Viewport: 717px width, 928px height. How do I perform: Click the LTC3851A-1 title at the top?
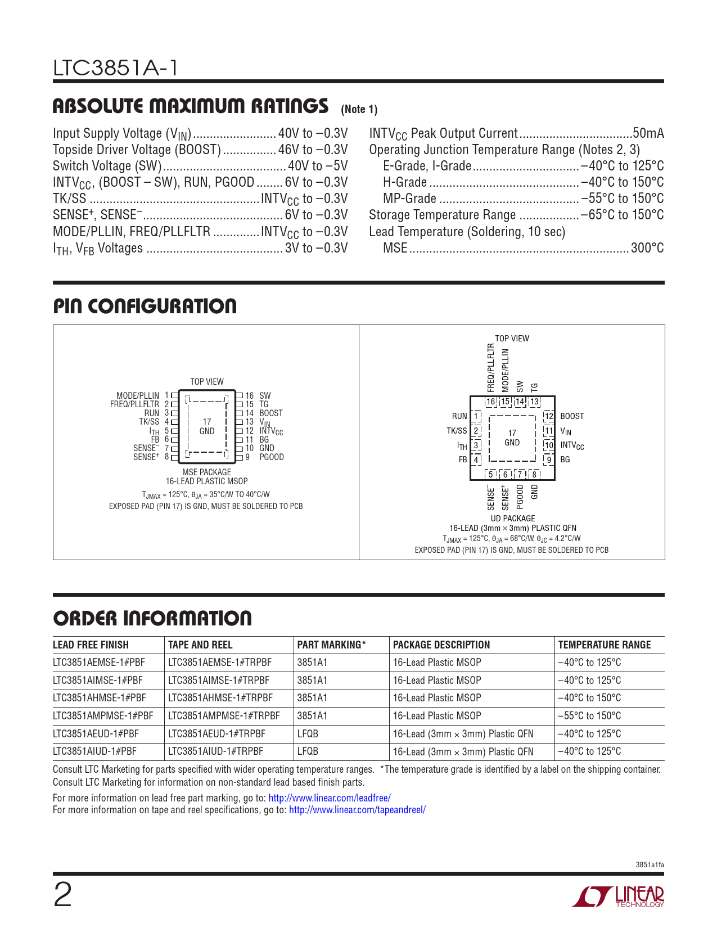(x=116, y=68)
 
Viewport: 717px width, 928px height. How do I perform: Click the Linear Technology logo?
(x=618, y=897)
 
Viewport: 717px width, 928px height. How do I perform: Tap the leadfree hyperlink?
(x=330, y=798)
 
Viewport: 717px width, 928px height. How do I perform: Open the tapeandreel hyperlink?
(x=357, y=810)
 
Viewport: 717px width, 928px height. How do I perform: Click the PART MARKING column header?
(x=331, y=645)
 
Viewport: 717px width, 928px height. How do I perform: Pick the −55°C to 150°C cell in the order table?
(x=589, y=716)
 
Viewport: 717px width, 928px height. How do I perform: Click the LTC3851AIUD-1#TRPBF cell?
(x=216, y=751)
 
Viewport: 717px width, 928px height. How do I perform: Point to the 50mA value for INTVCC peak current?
(x=648, y=133)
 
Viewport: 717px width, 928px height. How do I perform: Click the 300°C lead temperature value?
(x=647, y=248)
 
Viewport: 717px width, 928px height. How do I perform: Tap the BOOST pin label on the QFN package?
(x=572, y=416)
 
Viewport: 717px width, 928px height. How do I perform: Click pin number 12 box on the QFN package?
(x=548, y=416)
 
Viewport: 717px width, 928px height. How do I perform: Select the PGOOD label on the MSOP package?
(x=272, y=457)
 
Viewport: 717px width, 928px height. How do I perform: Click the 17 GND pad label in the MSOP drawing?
(x=207, y=426)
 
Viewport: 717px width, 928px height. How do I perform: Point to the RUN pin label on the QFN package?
(x=459, y=416)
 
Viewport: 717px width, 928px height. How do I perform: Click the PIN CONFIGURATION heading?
(x=145, y=307)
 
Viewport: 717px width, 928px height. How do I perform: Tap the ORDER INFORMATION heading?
(x=152, y=619)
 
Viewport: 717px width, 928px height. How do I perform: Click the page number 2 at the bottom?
(x=62, y=895)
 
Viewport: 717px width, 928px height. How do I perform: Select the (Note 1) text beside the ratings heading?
(x=359, y=109)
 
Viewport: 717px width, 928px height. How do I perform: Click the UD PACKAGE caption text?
(x=513, y=519)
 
